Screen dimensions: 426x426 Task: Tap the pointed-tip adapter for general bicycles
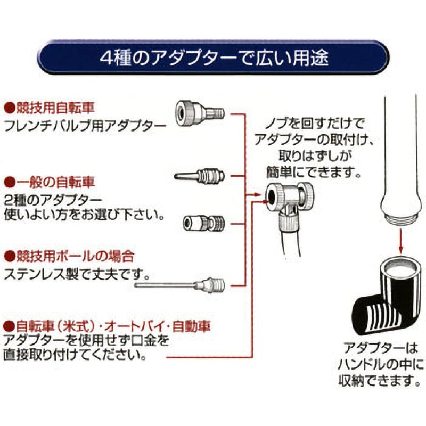pyautogui.click(x=199, y=175)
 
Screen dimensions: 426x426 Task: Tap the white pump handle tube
pyautogui.click(x=399, y=160)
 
